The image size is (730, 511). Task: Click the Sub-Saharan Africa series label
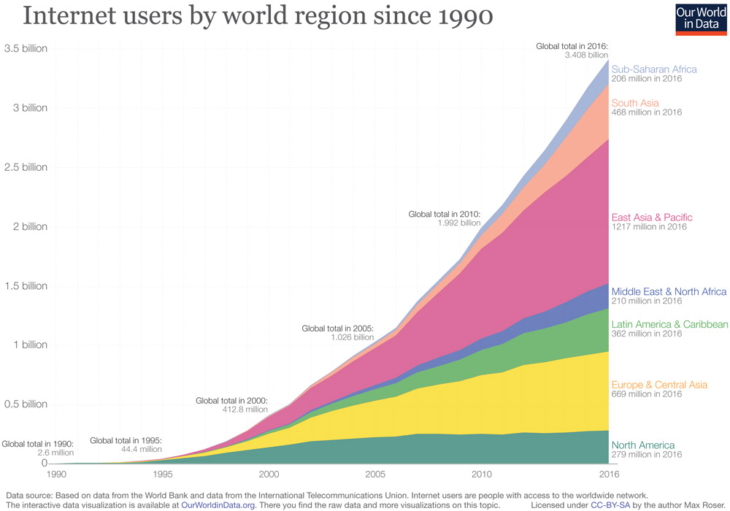[654, 69]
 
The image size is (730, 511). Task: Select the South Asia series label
[635, 103]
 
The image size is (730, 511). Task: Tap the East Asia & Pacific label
[652, 218]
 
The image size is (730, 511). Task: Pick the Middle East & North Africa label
[669, 291]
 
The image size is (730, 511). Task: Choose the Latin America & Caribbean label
[669, 324]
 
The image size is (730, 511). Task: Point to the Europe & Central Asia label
[659, 385]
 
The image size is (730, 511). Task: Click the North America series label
[643, 445]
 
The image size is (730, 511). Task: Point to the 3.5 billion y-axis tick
[26, 49]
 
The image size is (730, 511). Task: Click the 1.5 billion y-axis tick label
[26, 285]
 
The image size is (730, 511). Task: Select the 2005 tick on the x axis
[376, 474]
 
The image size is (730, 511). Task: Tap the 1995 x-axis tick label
[164, 474]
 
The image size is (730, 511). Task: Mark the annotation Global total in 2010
[445, 214]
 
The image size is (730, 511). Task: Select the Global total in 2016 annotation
[572, 45]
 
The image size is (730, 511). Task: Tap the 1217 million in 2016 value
[646, 227]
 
